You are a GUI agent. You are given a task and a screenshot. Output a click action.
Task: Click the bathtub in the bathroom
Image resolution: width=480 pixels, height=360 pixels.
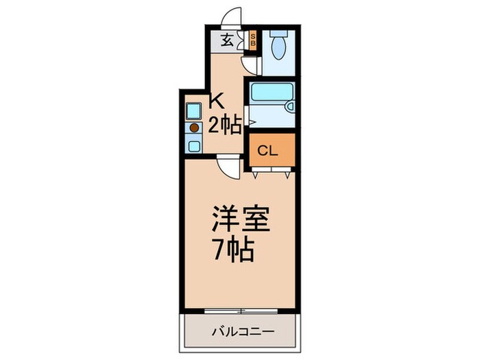point(268,95)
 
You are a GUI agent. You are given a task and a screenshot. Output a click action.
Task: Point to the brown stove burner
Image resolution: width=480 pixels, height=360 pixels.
point(194,128)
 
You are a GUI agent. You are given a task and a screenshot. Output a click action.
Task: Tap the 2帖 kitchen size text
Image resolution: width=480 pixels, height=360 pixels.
point(224,125)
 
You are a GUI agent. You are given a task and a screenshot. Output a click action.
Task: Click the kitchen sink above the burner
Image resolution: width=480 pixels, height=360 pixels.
point(193,111)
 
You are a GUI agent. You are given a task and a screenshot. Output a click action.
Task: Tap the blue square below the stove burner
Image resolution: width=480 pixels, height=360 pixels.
point(194,145)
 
